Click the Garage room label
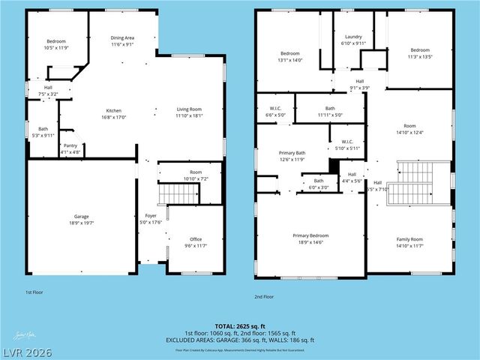tap(81, 216)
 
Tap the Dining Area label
tap(122, 37)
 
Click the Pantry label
tap(70, 145)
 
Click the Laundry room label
tap(353, 37)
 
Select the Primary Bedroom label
tap(310, 235)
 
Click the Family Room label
tap(409, 239)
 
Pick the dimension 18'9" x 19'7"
tap(81, 223)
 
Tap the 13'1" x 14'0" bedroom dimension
tap(290, 60)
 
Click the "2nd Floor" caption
tap(265, 296)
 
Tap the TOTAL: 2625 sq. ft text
tap(240, 326)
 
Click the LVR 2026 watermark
tap(27, 351)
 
